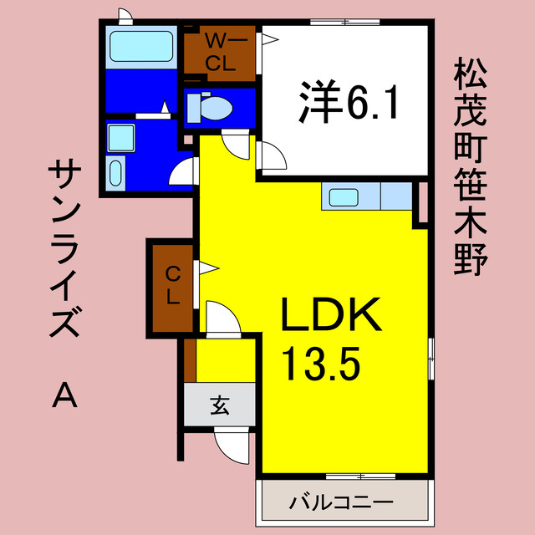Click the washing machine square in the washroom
click(122, 137)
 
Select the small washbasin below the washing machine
click(116, 175)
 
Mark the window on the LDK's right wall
click(431, 359)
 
